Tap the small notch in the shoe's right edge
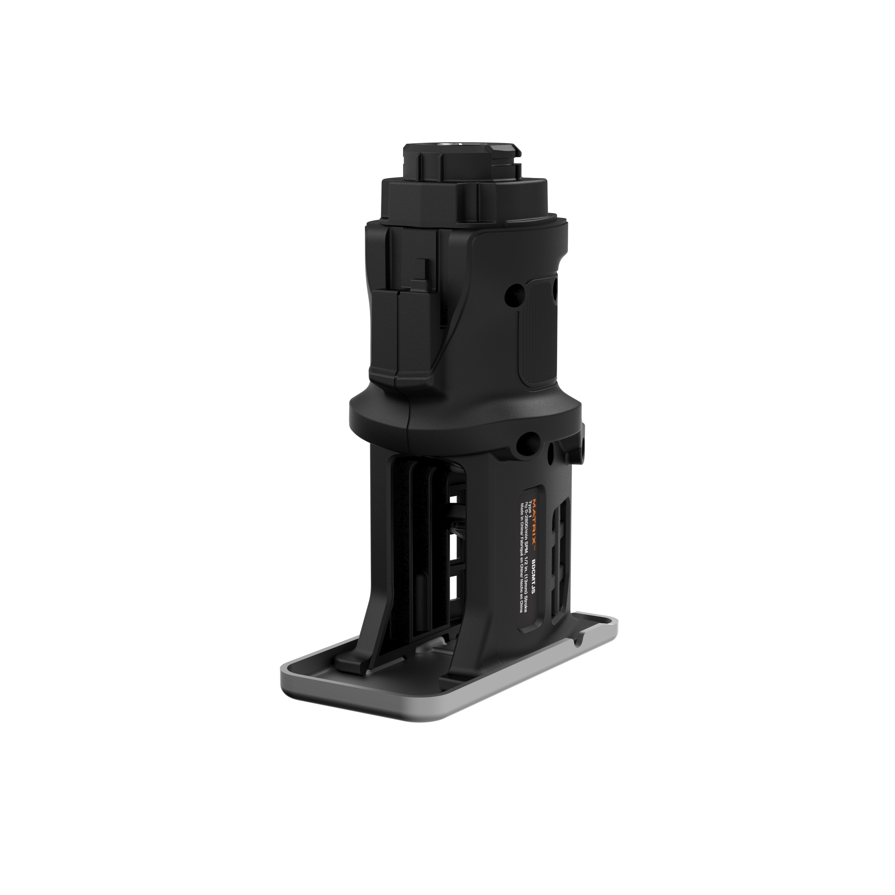[578, 642]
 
